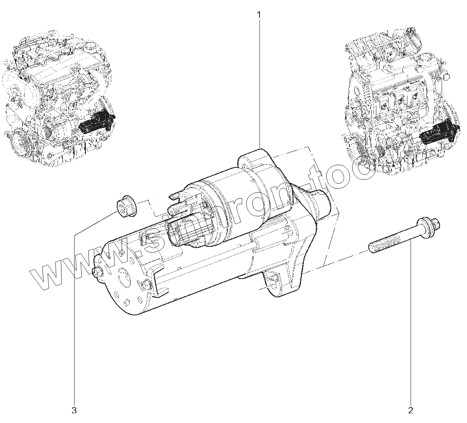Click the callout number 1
coord(259,15)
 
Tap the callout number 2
coord(411,410)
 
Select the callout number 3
coord(74,410)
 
